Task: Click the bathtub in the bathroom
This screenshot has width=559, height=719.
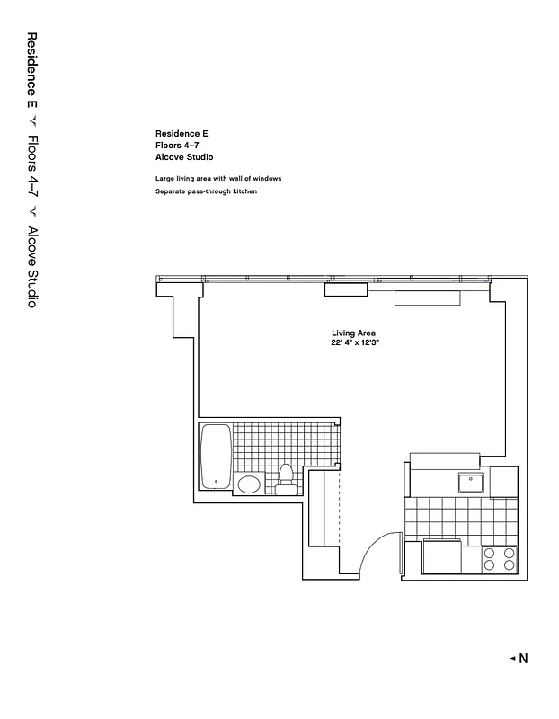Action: coord(217,456)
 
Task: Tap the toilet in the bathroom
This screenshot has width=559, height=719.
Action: coord(287,479)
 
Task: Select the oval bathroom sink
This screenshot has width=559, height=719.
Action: coord(249,485)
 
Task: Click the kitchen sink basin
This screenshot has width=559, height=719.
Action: coord(472,483)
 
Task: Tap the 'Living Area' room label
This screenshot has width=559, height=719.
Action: coord(352,333)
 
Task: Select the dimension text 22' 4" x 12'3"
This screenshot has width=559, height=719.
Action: coord(355,342)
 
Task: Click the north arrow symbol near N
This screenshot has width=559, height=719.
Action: coord(512,659)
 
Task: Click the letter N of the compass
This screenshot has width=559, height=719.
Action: coord(523,659)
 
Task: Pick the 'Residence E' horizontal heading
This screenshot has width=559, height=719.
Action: coord(182,133)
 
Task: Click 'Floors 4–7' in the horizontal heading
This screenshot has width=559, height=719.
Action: coord(178,145)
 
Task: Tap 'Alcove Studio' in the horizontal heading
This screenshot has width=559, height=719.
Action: coord(183,156)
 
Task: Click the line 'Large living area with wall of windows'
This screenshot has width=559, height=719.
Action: coord(217,179)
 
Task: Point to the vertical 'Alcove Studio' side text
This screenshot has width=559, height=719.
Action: coord(31,268)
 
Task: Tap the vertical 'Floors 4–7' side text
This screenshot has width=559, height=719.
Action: coord(31,165)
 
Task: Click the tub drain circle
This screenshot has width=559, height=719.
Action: coord(217,481)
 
